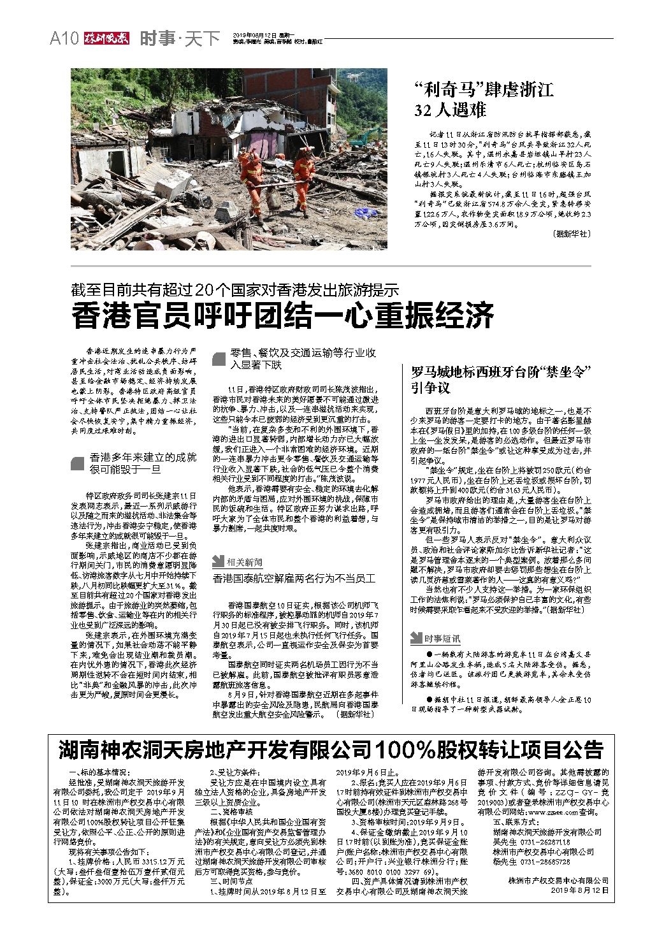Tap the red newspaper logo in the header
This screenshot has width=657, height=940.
point(105,38)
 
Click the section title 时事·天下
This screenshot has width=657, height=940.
point(179,39)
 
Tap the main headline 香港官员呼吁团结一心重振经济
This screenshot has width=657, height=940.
point(283,316)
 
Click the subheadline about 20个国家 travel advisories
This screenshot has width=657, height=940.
point(235,290)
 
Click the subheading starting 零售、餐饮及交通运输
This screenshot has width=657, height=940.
point(304,359)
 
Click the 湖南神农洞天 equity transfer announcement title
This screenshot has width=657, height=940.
point(330,749)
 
